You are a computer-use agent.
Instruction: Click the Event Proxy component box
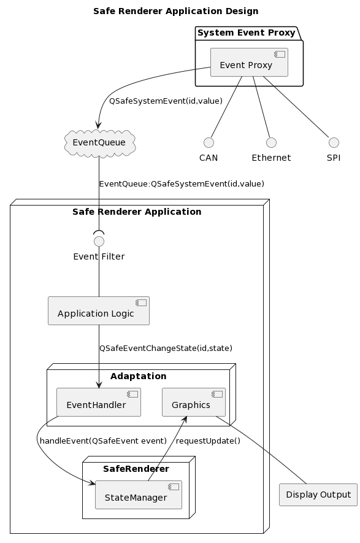click(x=249, y=63)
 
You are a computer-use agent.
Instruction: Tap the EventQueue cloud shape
click(x=100, y=143)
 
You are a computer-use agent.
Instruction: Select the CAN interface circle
click(x=209, y=142)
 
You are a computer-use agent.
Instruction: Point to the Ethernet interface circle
click(x=272, y=142)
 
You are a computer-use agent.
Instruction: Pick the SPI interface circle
click(x=334, y=142)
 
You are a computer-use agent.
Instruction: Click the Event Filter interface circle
click(x=99, y=241)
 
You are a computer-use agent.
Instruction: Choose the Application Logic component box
click(x=99, y=310)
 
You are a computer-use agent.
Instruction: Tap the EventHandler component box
click(x=99, y=402)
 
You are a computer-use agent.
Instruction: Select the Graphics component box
click(x=194, y=402)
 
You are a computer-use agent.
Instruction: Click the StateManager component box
click(x=139, y=495)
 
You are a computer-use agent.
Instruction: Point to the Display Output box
click(x=318, y=495)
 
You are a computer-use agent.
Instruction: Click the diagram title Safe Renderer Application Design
click(x=176, y=11)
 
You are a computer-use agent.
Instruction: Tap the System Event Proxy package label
click(x=247, y=33)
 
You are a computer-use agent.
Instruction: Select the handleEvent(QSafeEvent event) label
click(x=103, y=441)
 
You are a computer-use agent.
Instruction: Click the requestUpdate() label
click(x=208, y=441)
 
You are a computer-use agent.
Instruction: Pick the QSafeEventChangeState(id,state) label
click(x=166, y=348)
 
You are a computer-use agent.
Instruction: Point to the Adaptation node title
click(x=139, y=376)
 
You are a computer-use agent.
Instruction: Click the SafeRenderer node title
click(x=136, y=469)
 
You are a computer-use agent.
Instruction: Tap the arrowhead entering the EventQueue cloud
click(x=99, y=126)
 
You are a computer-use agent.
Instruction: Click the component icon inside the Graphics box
click(x=217, y=394)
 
